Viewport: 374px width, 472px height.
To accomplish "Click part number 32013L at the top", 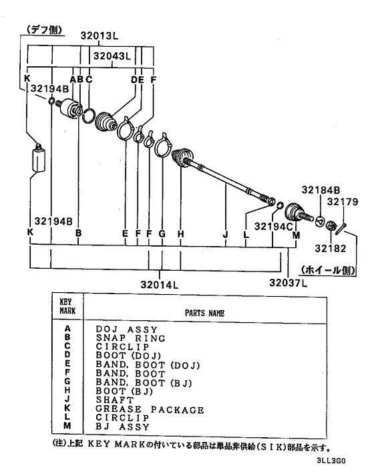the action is click(x=100, y=36).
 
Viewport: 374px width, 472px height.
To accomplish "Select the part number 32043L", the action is click(x=112, y=56).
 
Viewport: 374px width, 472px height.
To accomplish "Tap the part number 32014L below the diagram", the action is click(x=159, y=284).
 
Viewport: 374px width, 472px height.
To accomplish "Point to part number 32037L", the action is click(x=288, y=283).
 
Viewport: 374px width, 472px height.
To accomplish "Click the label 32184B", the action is click(x=321, y=190).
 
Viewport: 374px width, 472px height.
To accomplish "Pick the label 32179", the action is click(x=343, y=201).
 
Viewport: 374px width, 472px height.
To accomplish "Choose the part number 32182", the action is click(x=331, y=248).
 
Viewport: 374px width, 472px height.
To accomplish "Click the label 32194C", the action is click(x=273, y=227).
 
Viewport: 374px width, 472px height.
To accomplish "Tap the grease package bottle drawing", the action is click(x=39, y=158).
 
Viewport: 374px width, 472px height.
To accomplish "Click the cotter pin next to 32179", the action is click(x=341, y=228).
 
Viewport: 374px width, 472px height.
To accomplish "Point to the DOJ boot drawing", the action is click(x=106, y=122).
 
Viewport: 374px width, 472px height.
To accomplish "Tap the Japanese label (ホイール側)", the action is click(x=328, y=270).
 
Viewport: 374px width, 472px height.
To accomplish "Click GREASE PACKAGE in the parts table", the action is click(x=150, y=410).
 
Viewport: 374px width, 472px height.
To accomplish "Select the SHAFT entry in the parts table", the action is click(x=115, y=400).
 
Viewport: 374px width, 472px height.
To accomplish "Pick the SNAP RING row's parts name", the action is click(x=130, y=338).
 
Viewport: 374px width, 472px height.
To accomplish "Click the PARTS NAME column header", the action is click(x=204, y=314).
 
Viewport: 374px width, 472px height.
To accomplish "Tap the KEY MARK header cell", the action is click(x=67, y=306).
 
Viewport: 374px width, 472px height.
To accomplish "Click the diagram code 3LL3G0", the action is click(x=331, y=461).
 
